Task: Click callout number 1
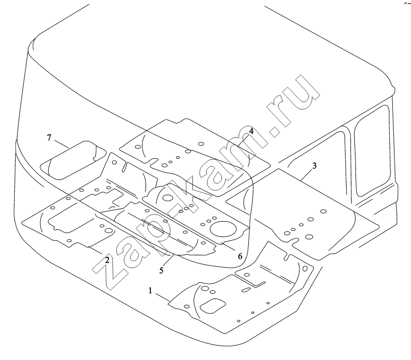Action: click(x=150, y=291)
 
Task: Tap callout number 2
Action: click(x=107, y=260)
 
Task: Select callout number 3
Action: click(x=315, y=166)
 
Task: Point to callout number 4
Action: click(x=251, y=131)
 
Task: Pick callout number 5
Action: click(x=161, y=271)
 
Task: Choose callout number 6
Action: click(x=240, y=256)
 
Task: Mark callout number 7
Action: click(x=49, y=138)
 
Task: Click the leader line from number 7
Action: click(x=62, y=144)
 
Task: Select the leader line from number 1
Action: click(x=163, y=298)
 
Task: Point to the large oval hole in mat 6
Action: click(x=223, y=228)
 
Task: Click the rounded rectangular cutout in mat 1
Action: click(x=213, y=305)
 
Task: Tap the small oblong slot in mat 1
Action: click(x=246, y=290)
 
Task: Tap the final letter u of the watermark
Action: click(x=301, y=94)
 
